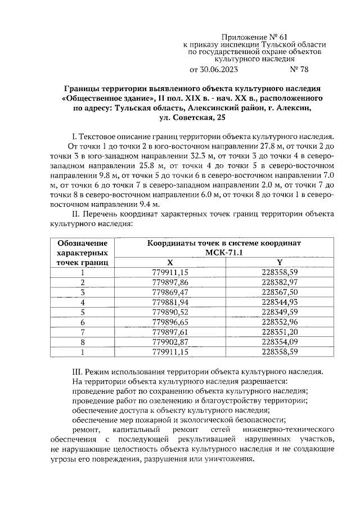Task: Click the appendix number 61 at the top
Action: pos(289,36)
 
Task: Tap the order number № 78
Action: pos(299,70)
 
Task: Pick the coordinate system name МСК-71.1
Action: pos(224,253)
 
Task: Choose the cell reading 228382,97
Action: pos(279,282)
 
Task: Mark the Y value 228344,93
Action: pos(279,301)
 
